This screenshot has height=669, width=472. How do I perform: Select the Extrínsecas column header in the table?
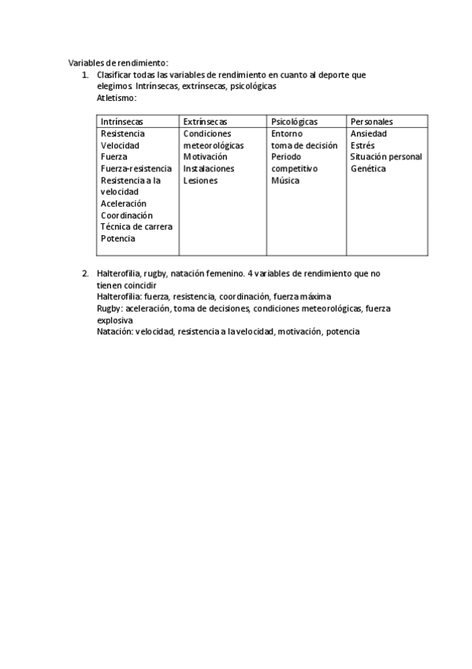coord(205,121)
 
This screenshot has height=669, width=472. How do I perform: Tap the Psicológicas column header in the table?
coord(294,121)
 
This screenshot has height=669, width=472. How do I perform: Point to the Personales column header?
coord(372,121)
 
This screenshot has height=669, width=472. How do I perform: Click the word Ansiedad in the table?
coord(369,133)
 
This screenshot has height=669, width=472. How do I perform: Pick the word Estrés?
coord(363,145)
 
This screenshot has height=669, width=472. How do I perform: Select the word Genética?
coord(368,169)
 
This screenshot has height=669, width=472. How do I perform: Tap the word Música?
coord(285,181)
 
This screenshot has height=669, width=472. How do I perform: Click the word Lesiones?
coord(200,181)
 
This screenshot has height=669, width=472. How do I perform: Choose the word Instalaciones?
coord(209,169)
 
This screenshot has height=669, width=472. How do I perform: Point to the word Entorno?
coord(287,133)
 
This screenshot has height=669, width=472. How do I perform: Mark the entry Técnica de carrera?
coord(136,226)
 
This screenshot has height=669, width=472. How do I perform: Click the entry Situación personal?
coord(386,157)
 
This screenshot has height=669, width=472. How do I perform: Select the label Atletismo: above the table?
coord(117,99)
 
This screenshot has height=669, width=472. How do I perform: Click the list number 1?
coord(85,75)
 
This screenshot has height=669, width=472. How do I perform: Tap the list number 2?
coord(85,273)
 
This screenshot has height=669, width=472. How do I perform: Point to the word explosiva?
coord(114,320)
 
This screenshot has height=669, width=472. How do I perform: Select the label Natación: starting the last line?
coord(114,332)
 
